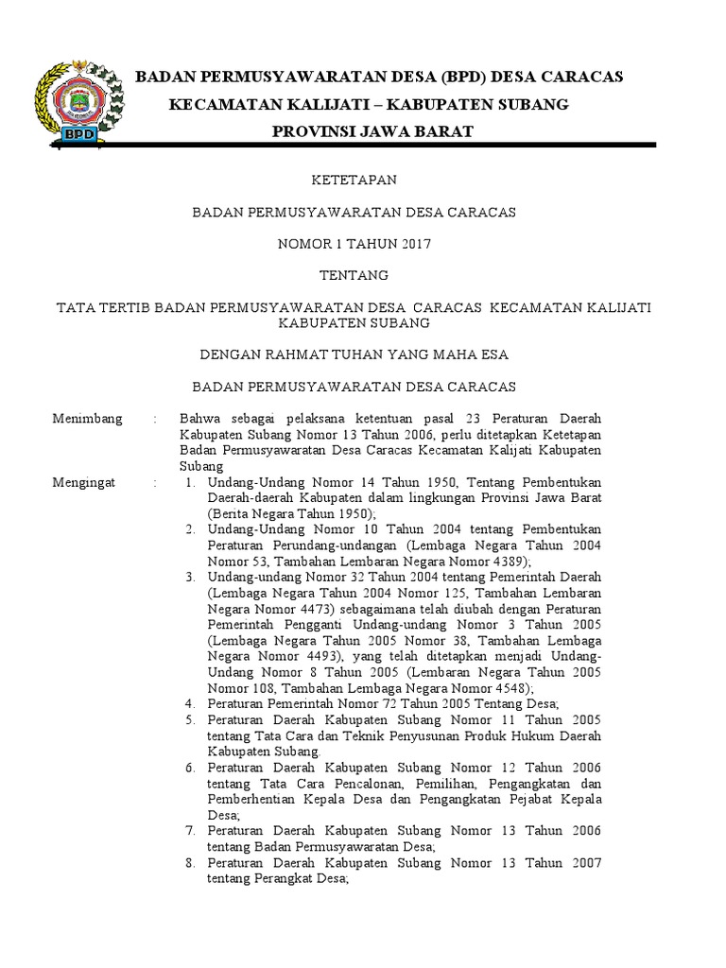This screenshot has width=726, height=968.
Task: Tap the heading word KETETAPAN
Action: tap(354, 181)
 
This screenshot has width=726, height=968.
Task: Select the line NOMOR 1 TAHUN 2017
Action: tap(354, 244)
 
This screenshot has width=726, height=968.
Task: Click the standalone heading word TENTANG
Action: tap(354, 275)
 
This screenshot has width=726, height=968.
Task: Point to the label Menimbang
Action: tap(88, 419)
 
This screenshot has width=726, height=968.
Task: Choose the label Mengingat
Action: tap(84, 482)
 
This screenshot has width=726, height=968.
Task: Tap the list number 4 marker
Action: tap(190, 703)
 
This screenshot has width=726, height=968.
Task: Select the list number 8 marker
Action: tap(190, 863)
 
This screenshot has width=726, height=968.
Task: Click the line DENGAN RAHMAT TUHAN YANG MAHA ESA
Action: tap(354, 354)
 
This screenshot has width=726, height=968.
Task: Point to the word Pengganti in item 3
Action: tap(310, 625)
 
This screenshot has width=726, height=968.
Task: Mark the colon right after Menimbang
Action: tap(154, 419)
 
